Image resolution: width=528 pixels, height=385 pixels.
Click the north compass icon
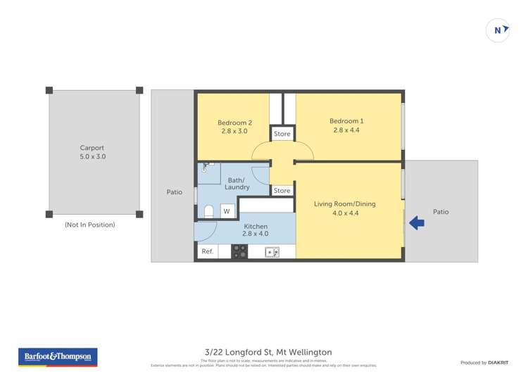coord(498,30)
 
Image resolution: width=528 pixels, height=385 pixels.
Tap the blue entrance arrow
coord(416,223)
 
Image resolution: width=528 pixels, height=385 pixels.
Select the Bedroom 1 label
coord(346,125)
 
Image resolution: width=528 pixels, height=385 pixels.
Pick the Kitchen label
coord(256,230)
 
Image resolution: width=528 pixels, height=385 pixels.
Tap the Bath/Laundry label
coord(237,184)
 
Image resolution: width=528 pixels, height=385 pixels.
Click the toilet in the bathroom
coord(208,211)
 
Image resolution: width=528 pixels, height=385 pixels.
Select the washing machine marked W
coord(227,210)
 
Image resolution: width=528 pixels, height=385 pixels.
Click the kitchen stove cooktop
coord(239,251)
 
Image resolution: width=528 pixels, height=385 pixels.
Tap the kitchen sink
coord(272,251)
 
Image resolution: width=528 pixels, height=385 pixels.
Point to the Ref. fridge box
coord(207,251)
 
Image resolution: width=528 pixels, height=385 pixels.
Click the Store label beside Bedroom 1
coord(282,134)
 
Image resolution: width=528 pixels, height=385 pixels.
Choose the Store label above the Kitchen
coord(282,191)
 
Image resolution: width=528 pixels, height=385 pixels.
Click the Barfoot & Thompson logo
coord(58,357)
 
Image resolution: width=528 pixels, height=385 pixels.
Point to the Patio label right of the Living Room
coord(441,212)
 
